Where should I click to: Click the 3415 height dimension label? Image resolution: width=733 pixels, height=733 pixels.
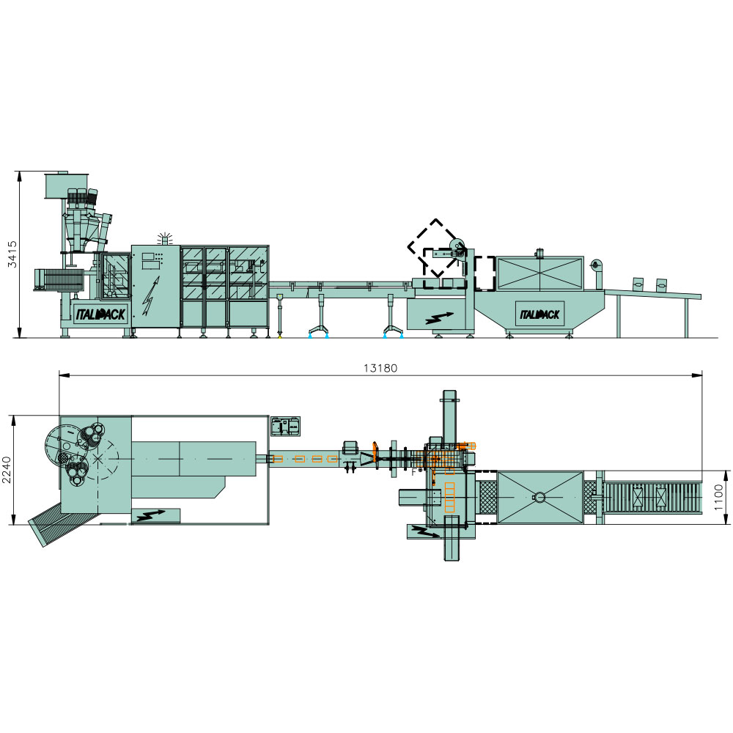pyautogui.click(x=12, y=254)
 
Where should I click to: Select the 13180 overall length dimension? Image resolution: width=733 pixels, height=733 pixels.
pyautogui.click(x=380, y=369)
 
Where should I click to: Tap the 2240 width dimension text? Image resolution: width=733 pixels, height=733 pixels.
pyautogui.click(x=6, y=471)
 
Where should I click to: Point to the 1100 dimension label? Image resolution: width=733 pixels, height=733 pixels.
pyautogui.click(x=719, y=498)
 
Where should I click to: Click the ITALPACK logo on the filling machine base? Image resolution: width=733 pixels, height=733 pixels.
pyautogui.click(x=100, y=314)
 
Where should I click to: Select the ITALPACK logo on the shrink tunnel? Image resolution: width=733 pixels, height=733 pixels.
pyautogui.click(x=539, y=314)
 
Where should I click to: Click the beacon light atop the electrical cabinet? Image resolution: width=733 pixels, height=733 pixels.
pyautogui.click(x=164, y=239)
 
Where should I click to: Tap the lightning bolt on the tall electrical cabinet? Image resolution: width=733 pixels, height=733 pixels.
pyautogui.click(x=150, y=296)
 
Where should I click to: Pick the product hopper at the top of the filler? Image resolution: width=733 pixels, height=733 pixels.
pyautogui.click(x=67, y=185)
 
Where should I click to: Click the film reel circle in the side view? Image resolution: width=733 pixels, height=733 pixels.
pyautogui.click(x=457, y=246)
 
